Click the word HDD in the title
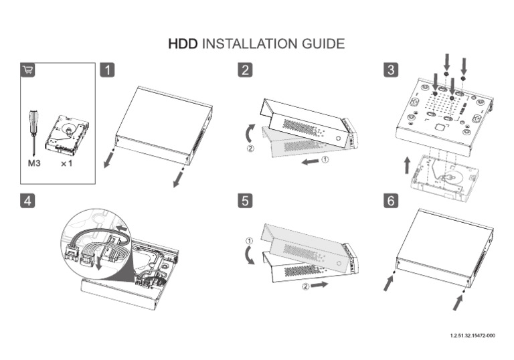pyautogui.click(x=183, y=44)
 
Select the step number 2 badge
pyautogui.click(x=246, y=70)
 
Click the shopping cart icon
pyautogui.click(x=28, y=70)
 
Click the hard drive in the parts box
pyautogui.click(x=67, y=134)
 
